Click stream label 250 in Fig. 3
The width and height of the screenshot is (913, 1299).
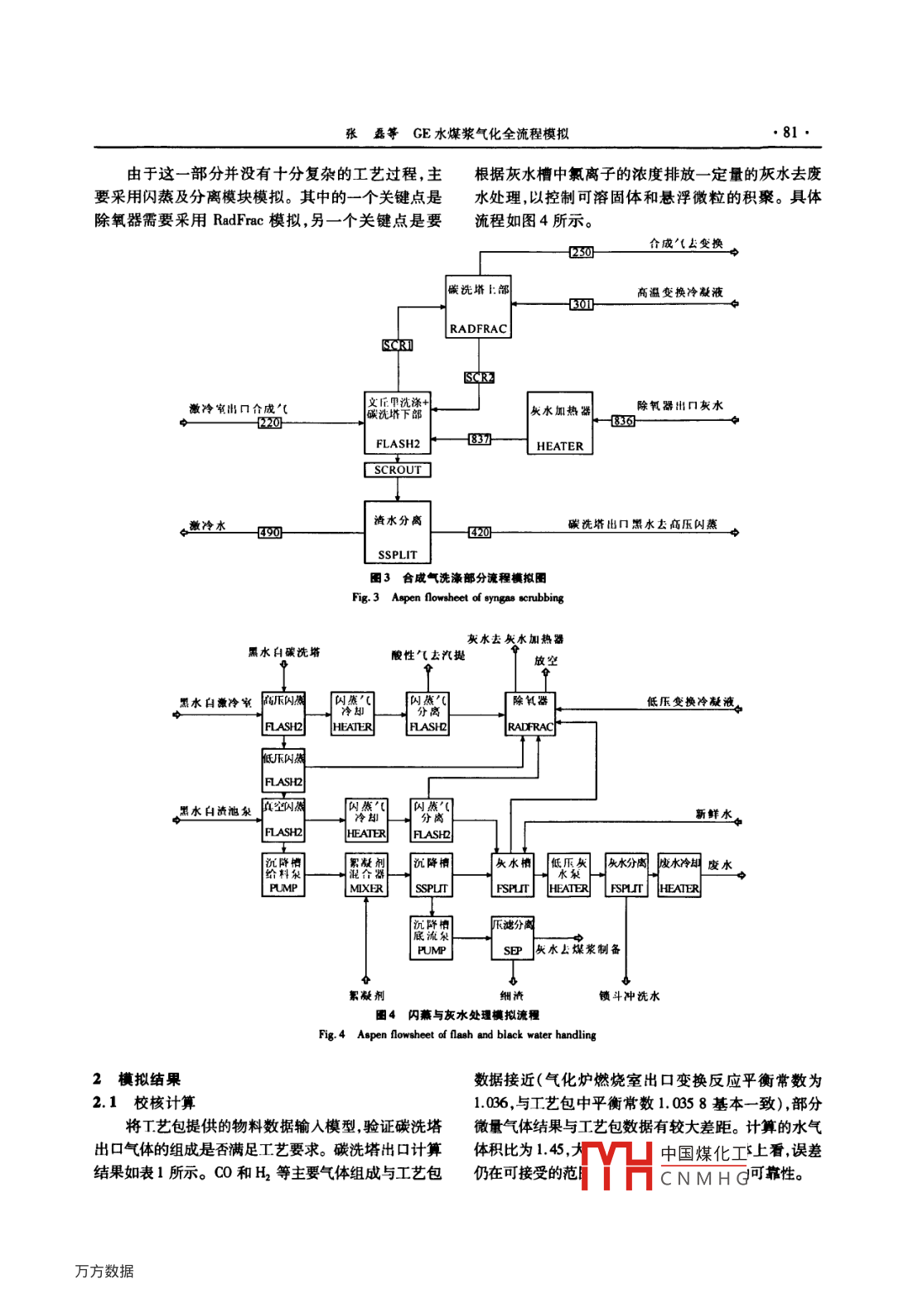coord(582,252)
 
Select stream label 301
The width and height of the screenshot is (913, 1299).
coord(582,304)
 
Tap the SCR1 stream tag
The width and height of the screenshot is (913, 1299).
coord(398,345)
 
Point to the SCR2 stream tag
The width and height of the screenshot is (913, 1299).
coord(479,377)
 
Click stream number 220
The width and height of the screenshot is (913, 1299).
coord(269,423)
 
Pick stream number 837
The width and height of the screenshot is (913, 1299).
coord(480,439)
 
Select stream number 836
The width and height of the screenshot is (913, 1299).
coord(623,421)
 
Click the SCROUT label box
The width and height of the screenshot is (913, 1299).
coord(398,470)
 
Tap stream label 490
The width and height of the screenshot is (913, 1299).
coord(269,533)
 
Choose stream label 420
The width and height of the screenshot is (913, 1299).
coord(480,533)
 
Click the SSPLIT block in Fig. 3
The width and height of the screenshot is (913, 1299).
coord(398,532)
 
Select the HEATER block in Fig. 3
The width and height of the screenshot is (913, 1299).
coord(560,423)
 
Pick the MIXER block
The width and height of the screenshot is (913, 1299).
coord(366,876)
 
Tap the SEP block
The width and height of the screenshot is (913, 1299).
coord(513,938)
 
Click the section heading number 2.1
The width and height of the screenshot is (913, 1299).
coord(104,1103)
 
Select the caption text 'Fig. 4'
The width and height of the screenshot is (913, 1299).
coord(331,1035)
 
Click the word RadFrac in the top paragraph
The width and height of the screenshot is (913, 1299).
coord(238,220)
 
